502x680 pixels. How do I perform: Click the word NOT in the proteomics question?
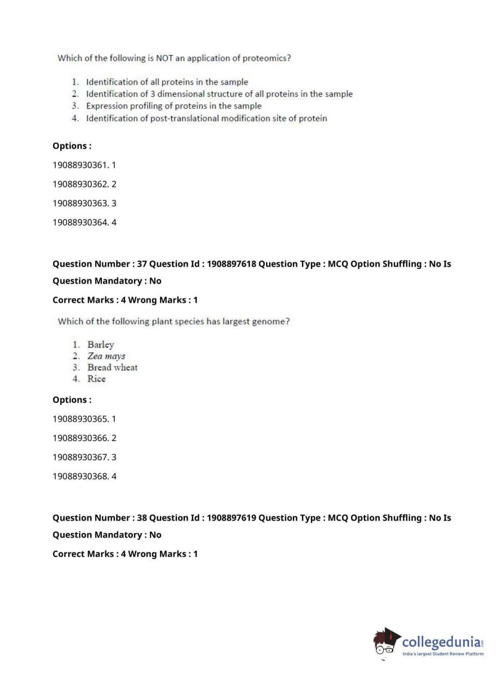[164, 58]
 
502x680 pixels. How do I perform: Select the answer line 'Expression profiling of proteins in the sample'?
[174, 106]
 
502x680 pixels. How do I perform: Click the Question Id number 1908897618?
[231, 264]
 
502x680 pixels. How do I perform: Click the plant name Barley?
[101, 345]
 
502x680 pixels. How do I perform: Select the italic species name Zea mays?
[106, 356]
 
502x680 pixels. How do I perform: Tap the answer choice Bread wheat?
[112, 368]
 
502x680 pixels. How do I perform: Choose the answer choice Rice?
[96, 379]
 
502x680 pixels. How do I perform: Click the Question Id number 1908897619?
[231, 518]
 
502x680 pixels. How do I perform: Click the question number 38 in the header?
[142, 518]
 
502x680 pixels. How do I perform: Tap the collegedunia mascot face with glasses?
[385, 643]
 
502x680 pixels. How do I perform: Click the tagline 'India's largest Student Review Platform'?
[443, 654]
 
